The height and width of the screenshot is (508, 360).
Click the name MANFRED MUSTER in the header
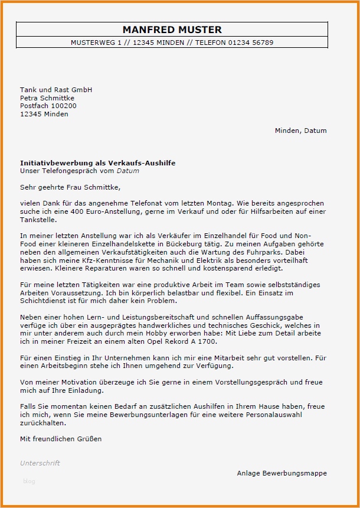(x=172, y=30)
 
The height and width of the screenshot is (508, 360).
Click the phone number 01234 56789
(x=251, y=43)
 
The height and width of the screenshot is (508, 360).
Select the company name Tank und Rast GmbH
(x=56, y=90)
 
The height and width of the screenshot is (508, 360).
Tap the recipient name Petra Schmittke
(x=47, y=98)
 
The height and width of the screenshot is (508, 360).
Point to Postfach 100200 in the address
(x=48, y=106)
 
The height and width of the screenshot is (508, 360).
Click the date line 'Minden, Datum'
(x=300, y=131)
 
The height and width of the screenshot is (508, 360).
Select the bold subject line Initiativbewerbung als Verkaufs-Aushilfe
(x=97, y=162)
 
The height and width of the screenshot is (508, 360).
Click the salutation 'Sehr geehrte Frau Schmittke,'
(x=70, y=187)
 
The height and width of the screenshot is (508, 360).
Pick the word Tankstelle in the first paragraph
(x=38, y=219)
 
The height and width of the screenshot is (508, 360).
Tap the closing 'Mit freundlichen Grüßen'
(x=61, y=439)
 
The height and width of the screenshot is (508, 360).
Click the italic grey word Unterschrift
(x=40, y=463)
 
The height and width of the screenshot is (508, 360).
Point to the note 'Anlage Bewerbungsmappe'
(x=282, y=473)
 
